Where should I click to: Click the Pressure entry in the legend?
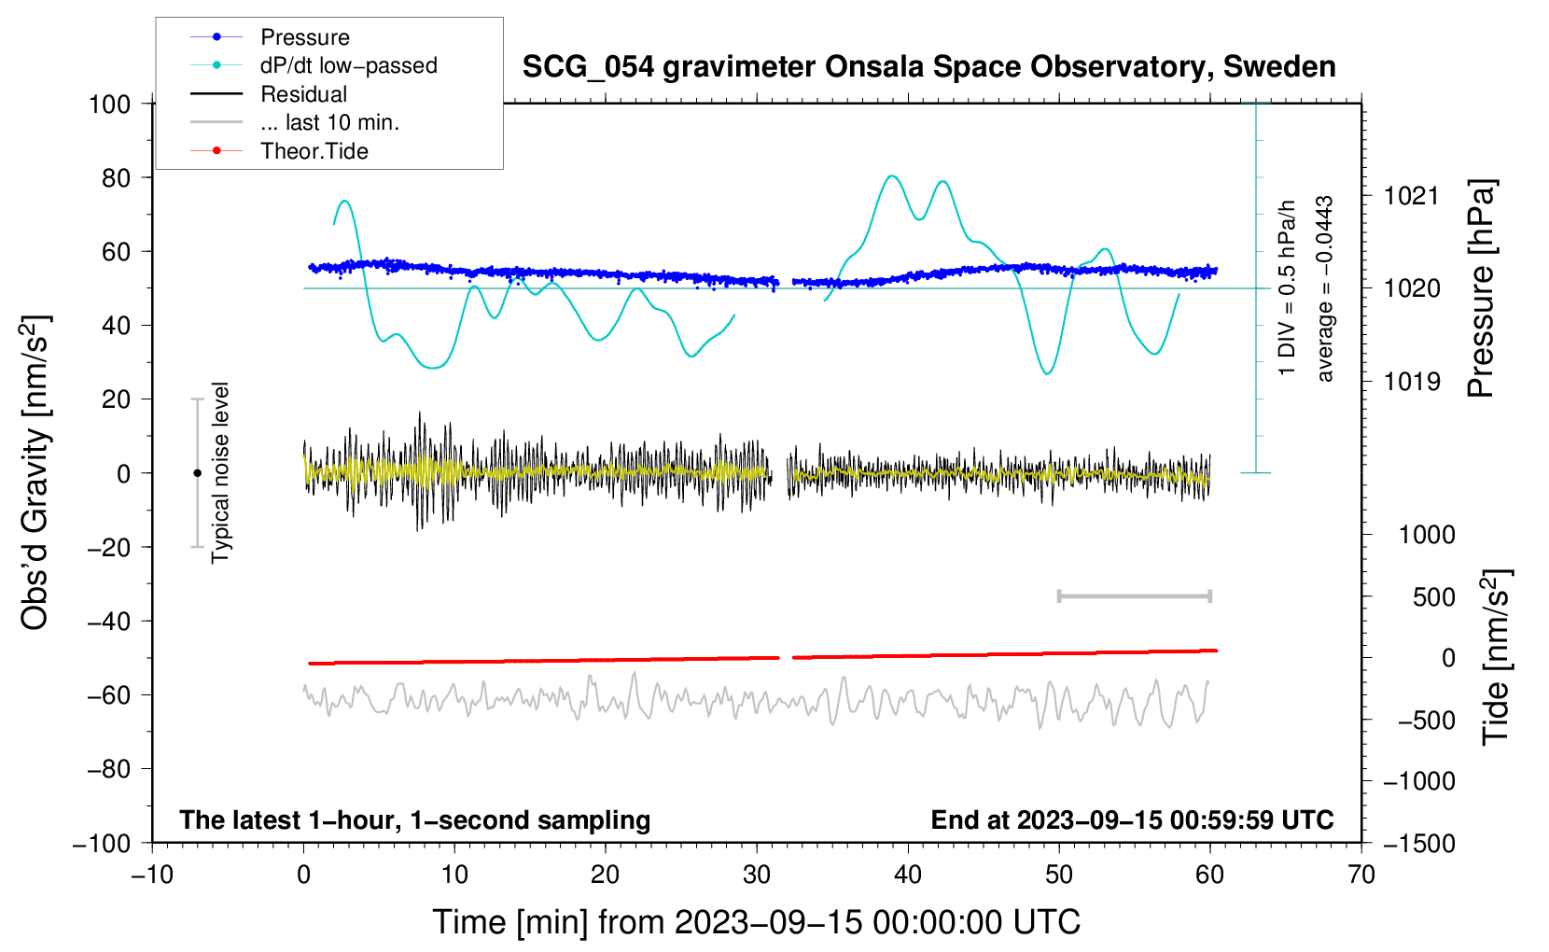pyautogui.click(x=304, y=37)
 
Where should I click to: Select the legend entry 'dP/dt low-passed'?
pyautogui.click(x=348, y=65)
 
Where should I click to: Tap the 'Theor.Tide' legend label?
pyautogui.click(x=314, y=151)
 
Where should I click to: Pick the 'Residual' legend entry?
pyautogui.click(x=303, y=94)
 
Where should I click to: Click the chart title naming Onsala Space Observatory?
pyautogui.click(x=928, y=67)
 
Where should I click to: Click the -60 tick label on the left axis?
pyautogui.click(x=109, y=694)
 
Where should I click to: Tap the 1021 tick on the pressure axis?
pyautogui.click(x=1412, y=196)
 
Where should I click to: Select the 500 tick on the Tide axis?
pyautogui.click(x=1434, y=597)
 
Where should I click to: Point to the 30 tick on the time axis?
pyautogui.click(x=757, y=875)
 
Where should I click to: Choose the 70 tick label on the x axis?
pyautogui.click(x=1361, y=875)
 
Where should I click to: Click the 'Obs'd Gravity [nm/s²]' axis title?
pyautogui.click(x=35, y=472)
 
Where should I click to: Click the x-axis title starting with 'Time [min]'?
pyautogui.click(x=757, y=922)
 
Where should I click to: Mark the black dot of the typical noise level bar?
pyautogui.click(x=197, y=473)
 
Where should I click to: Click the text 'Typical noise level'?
pyautogui.click(x=220, y=472)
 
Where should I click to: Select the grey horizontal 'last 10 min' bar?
pyautogui.click(x=1134, y=596)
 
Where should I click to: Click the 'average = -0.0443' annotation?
pyautogui.click(x=1325, y=289)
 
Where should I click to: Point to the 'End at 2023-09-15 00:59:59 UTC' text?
pyautogui.click(x=1132, y=820)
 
